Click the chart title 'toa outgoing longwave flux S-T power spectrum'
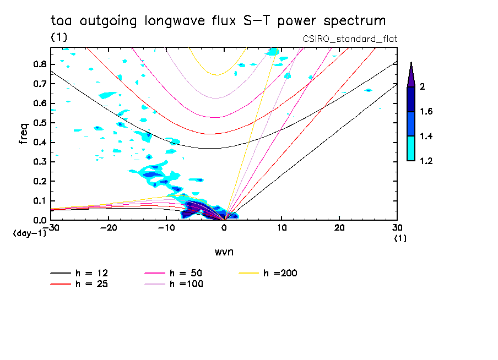tap(218, 21)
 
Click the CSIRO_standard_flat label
tap(350, 39)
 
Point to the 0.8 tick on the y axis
tap(39, 64)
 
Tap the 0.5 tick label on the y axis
tap(39, 123)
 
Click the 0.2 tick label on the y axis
tap(39, 182)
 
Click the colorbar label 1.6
tap(427, 112)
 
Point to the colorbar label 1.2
tap(427, 161)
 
